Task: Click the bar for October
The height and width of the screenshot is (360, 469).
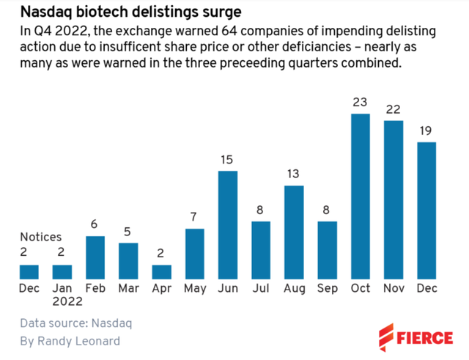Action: pyautogui.click(x=360, y=196)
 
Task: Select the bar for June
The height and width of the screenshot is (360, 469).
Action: pyautogui.click(x=228, y=224)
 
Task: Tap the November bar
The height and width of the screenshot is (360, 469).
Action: pyautogui.click(x=393, y=199)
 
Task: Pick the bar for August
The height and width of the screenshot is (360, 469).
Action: pyautogui.click(x=294, y=232)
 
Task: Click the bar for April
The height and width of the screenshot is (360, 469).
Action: pyautogui.click(x=162, y=271)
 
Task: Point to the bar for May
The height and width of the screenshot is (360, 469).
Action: pyautogui.click(x=195, y=254)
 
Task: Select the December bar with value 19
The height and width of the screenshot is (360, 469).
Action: pyautogui.click(x=426, y=210)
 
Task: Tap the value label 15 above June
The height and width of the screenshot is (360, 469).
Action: pyautogui.click(x=228, y=159)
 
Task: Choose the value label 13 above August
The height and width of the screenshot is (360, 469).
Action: pyautogui.click(x=294, y=174)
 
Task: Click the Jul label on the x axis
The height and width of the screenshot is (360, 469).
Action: pyautogui.click(x=261, y=288)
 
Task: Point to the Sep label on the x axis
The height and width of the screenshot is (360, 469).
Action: pyautogui.click(x=327, y=288)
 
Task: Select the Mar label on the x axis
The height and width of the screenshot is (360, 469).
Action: pyautogui.click(x=129, y=288)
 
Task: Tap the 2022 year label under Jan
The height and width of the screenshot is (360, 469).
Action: pyautogui.click(x=63, y=303)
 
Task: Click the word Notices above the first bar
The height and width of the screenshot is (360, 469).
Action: pyautogui.click(x=40, y=237)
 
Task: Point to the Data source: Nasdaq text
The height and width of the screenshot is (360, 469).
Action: pyautogui.click(x=76, y=323)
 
